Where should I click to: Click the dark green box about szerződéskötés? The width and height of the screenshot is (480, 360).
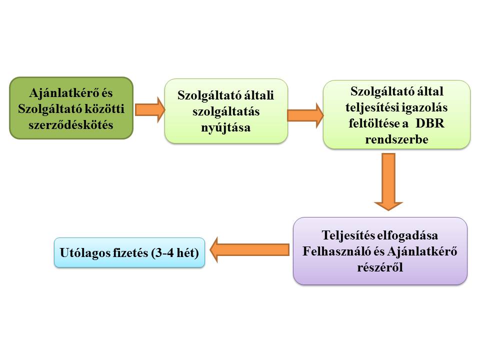(x=71, y=108)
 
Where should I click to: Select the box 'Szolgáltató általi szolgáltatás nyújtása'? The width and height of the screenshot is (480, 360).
(x=226, y=111)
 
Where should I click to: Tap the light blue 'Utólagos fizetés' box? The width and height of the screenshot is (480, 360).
(x=129, y=252)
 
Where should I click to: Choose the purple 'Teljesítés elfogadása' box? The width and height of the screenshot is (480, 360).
(x=380, y=251)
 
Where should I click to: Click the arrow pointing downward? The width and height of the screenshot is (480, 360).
(x=388, y=182)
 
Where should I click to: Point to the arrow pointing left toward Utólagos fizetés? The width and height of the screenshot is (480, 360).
(x=250, y=250)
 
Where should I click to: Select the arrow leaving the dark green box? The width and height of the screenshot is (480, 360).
(x=149, y=109)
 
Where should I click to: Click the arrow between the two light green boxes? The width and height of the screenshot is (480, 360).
(x=305, y=115)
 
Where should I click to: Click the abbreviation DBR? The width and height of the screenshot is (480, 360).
(x=430, y=123)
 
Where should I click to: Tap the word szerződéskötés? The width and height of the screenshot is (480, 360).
(x=71, y=125)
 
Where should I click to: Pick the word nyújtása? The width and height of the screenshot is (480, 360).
(x=226, y=127)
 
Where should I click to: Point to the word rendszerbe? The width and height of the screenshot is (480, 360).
(x=396, y=139)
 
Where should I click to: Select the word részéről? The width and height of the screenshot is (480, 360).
(x=380, y=267)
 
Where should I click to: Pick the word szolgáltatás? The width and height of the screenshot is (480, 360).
(x=226, y=111)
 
